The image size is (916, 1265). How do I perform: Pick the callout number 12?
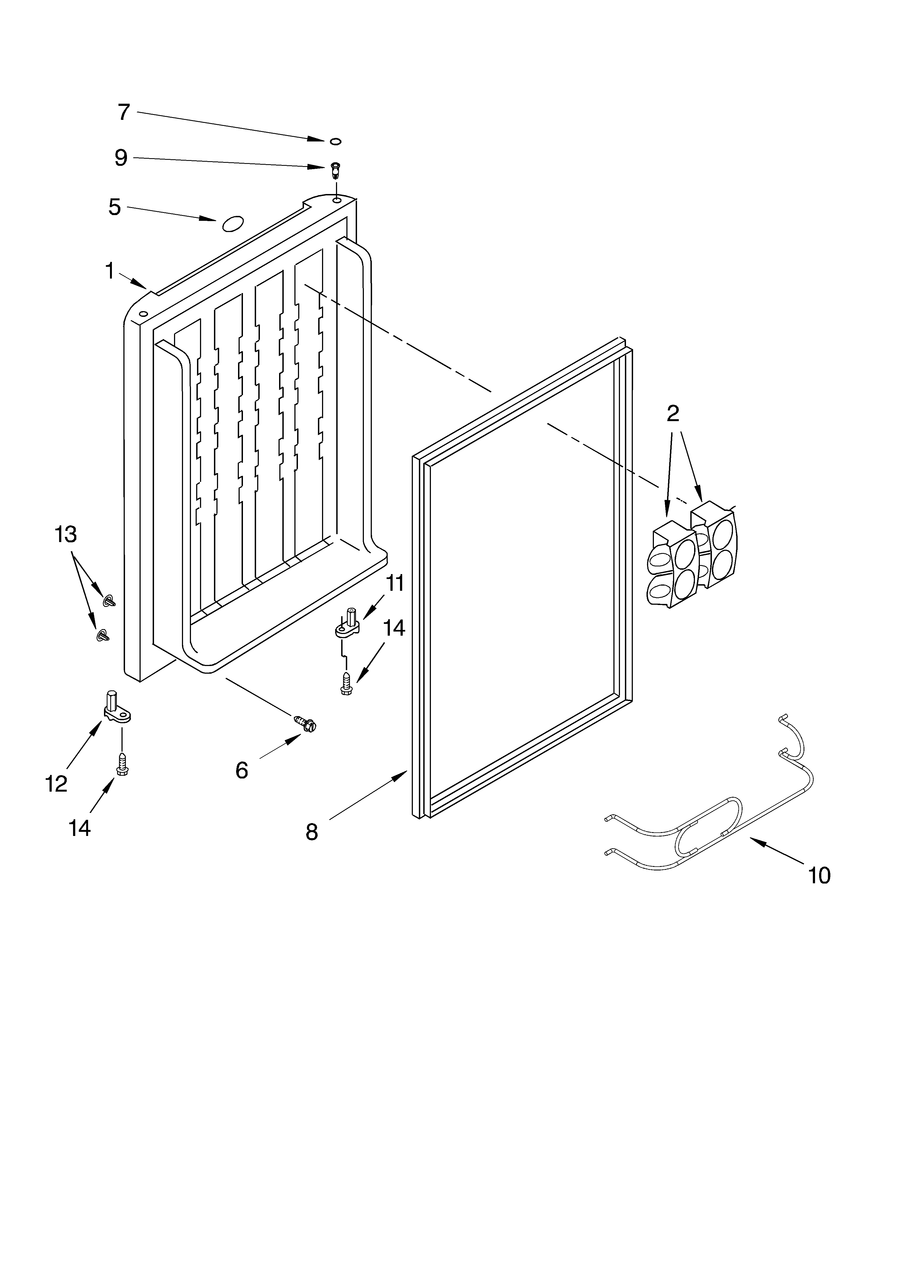(x=56, y=784)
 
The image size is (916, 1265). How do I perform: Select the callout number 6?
(x=242, y=770)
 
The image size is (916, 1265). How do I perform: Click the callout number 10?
(x=819, y=875)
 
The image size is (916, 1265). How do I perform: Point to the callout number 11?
(x=395, y=583)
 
